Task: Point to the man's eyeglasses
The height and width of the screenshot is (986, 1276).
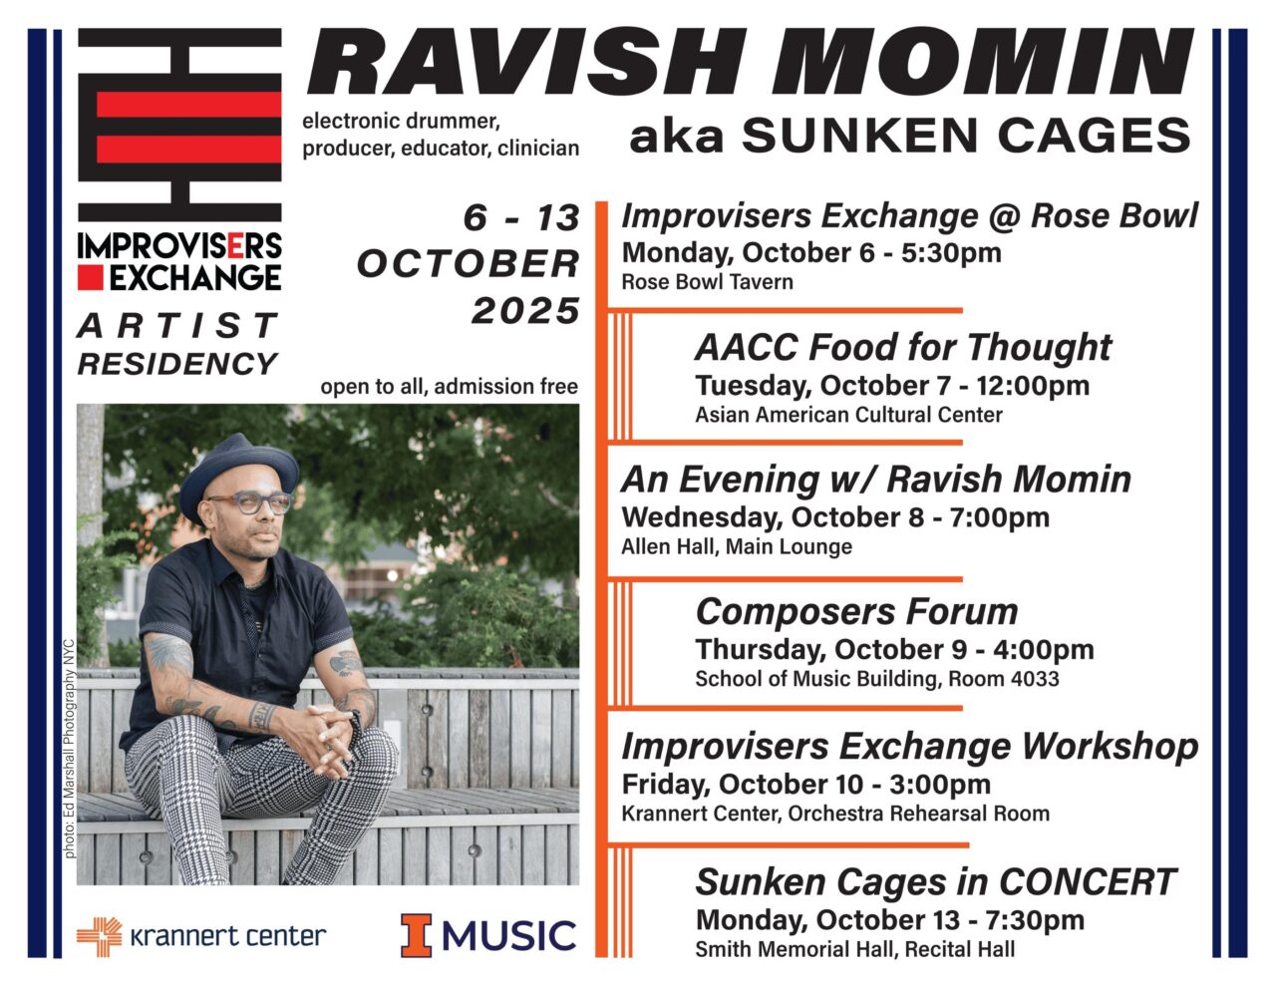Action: pyautogui.click(x=250, y=502)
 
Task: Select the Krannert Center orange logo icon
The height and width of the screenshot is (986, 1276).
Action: pyautogui.click(x=99, y=935)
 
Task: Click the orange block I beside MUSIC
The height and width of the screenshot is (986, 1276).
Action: pyautogui.click(x=417, y=935)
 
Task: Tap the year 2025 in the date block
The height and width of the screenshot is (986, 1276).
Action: pyautogui.click(x=525, y=311)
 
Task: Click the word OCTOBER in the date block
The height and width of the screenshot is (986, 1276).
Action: pyautogui.click(x=469, y=264)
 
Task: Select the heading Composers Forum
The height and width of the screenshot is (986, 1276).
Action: pyautogui.click(x=856, y=611)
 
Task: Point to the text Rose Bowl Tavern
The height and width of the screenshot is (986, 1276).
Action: pyautogui.click(x=707, y=282)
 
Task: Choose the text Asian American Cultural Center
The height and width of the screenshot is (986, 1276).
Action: pyautogui.click(x=848, y=415)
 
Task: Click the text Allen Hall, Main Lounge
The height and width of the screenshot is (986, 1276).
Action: pyautogui.click(x=736, y=546)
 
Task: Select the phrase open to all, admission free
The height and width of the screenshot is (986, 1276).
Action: pyautogui.click(x=449, y=387)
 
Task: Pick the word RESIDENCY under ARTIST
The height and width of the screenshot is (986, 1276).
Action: pyautogui.click(x=177, y=364)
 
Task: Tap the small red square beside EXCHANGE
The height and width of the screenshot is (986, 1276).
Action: pyautogui.click(x=92, y=276)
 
